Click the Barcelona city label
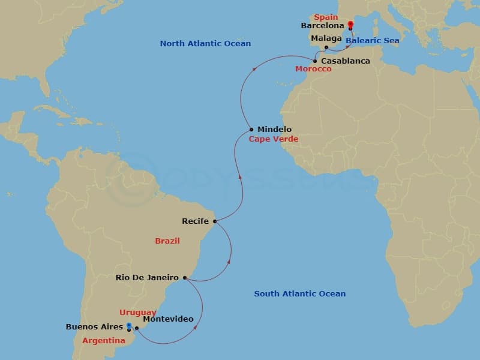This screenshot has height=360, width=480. pyautogui.click(x=323, y=26)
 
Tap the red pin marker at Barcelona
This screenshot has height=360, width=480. pyautogui.click(x=350, y=25)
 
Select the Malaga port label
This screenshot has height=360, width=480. pyautogui.click(x=326, y=38)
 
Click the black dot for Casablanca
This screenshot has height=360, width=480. pyautogui.click(x=315, y=61)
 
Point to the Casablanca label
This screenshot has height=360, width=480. pyautogui.click(x=345, y=61)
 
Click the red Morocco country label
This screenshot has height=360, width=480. pyautogui.click(x=313, y=70)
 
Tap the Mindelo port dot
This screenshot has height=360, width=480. pyautogui.click(x=251, y=130)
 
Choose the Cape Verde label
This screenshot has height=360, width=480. pyautogui.click(x=274, y=139)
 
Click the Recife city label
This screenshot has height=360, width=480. pyautogui.click(x=195, y=221)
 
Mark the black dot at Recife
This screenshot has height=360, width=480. pyautogui.click(x=214, y=221)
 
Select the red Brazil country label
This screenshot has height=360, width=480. pyautogui.click(x=167, y=241)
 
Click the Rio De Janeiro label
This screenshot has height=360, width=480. pyautogui.click(x=147, y=278)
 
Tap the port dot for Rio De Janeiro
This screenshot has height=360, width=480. pyautogui.click(x=185, y=278)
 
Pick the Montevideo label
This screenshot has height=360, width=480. pyautogui.click(x=169, y=319)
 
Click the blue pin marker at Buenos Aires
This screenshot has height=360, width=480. pyautogui.click(x=128, y=326)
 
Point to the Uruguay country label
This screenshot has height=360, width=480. pyautogui.click(x=138, y=313)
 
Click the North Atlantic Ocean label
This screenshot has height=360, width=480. pyautogui.click(x=205, y=44)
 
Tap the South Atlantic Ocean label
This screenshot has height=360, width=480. pyautogui.click(x=299, y=294)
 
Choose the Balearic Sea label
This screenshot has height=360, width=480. pyautogui.click(x=372, y=41)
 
